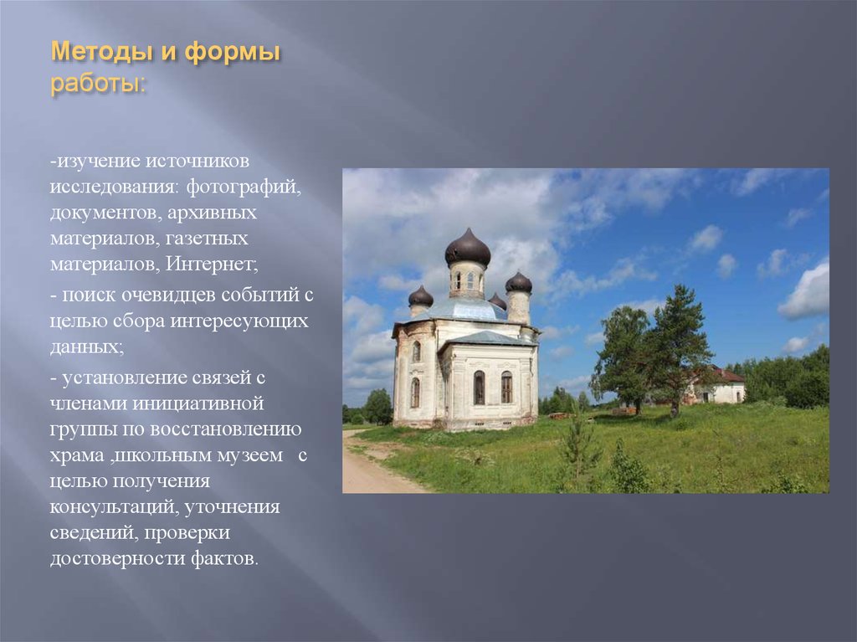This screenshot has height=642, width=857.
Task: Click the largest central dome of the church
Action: (x=467, y=249)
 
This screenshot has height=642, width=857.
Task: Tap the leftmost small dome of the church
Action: (x=421, y=296)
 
